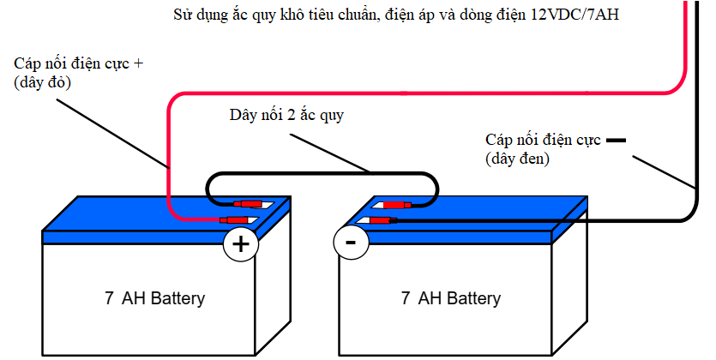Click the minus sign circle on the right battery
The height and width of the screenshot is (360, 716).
coord(350,243)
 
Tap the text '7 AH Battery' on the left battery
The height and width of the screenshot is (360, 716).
coord(154,298)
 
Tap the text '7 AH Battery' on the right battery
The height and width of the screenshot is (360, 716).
coord(450,298)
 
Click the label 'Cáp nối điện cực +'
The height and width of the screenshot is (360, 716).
coord(78,63)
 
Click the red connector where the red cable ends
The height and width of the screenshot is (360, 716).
coord(236,221)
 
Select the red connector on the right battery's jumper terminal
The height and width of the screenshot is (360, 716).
coord(397,205)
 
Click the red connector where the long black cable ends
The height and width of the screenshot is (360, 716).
coord(381,220)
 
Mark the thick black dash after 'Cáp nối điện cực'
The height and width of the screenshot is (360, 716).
coord(617,140)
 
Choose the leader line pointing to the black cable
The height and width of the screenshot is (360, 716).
coord(662,171)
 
